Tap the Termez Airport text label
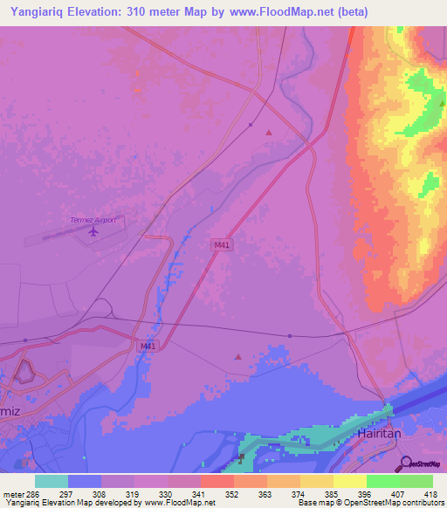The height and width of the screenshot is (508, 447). coord(93,220)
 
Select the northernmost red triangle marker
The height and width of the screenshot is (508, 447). coord(268,133)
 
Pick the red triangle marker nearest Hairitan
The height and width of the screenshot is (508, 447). coord(238,356)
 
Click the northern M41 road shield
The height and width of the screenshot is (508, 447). coord(223,244)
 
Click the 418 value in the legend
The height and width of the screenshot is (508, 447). coord(431,494)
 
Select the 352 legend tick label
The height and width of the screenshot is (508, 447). coord(232,494)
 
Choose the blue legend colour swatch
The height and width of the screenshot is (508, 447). coord(84,481)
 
